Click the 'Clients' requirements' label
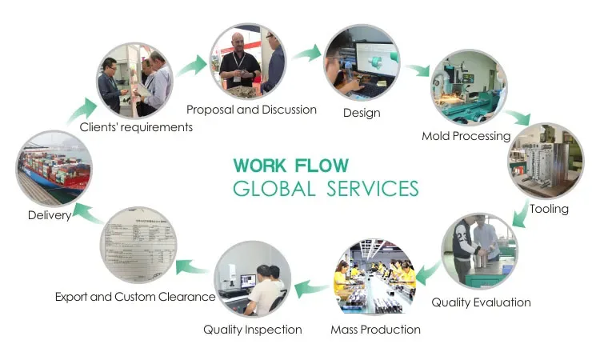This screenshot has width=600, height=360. tap(136, 126)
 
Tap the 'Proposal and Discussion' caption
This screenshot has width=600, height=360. tap(251, 109)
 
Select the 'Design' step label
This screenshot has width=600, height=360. tap(362, 113)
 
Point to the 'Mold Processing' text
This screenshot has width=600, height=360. tap(466, 136)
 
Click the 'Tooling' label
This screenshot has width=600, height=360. tap(549, 209)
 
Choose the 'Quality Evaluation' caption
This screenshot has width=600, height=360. tap(481, 302)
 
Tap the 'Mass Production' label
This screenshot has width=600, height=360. tap(375, 329)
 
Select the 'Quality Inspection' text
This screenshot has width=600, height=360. tap(252, 329)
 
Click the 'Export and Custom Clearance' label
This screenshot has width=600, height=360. tap(134, 296)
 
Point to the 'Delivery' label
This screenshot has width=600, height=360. tap(49, 215)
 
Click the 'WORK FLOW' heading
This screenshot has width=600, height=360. tap(290, 166)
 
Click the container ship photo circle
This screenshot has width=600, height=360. tap(54, 170)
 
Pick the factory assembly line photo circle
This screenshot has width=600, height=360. tap(374, 277)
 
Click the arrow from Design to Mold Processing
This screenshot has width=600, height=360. tap(415, 70)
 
